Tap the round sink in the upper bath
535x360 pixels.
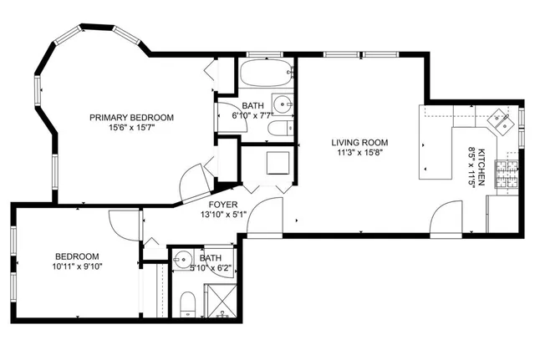tap(283, 105)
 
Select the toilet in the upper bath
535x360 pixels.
tap(278, 129)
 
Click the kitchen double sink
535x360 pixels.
tap(502, 123)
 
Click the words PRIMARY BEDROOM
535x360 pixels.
tap(131, 117)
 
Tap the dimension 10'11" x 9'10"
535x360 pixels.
tap(78, 266)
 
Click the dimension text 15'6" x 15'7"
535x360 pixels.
tap(131, 128)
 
